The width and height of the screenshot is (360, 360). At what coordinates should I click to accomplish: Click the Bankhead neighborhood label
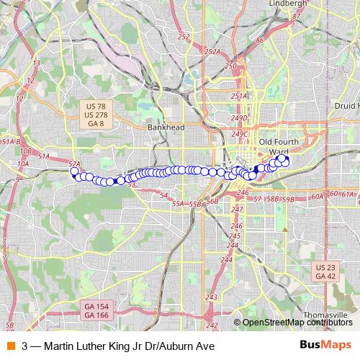coord(166,127)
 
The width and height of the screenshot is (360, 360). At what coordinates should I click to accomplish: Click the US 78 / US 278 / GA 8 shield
coord(95,115)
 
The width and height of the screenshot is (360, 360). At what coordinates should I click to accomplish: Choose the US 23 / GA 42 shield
coord(325,271)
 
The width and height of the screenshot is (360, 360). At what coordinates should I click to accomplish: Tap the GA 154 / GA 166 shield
coord(96,310)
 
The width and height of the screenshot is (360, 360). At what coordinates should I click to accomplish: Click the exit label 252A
coord(212,51)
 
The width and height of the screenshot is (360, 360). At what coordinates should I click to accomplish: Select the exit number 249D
coord(240,117)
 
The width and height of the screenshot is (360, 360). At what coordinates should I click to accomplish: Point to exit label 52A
coord(74,164)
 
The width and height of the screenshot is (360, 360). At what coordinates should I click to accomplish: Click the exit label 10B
coord(26,151)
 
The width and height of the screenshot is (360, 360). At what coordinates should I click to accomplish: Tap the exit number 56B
coord(212,202)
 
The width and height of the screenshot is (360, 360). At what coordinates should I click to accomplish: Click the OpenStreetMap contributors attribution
coord(297,323)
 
